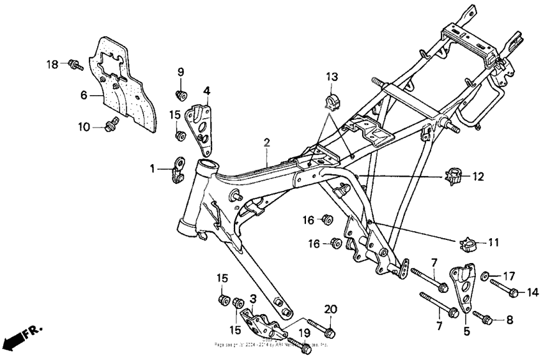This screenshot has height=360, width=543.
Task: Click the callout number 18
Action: coord(52,64)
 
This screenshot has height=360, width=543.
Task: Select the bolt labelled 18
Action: coord(75,64)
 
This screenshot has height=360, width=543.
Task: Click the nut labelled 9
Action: coord(181,94)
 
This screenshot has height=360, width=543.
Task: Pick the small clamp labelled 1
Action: coord(178,170)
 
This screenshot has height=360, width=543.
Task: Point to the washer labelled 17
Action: coord(486,276)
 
